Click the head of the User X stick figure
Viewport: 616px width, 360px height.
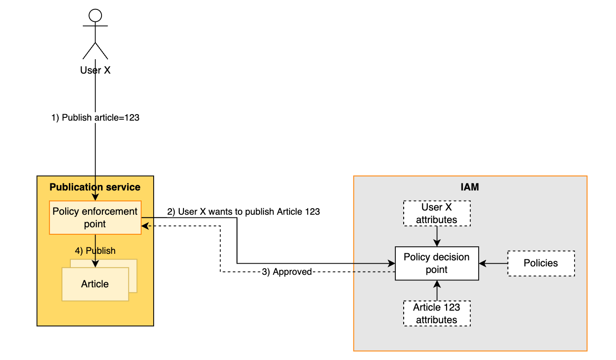(95, 15)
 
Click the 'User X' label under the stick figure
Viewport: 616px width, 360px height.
(95, 70)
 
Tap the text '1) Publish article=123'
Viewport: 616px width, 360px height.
(95, 118)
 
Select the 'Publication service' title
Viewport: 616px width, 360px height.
(95, 187)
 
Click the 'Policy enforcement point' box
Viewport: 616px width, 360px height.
(95, 217)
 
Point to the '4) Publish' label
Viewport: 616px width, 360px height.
(95, 251)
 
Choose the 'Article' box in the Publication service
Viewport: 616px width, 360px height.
(95, 284)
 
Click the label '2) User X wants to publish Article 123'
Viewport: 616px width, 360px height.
(244, 211)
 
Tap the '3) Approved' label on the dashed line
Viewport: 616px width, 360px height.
(287, 272)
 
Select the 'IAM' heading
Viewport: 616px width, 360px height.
(470, 187)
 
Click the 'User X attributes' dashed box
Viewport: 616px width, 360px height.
(437, 213)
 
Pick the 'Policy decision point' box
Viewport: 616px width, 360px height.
(437, 263)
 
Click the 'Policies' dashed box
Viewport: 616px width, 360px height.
(541, 263)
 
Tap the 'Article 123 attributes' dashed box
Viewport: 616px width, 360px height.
(437, 313)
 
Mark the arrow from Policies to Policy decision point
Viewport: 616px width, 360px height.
(493, 263)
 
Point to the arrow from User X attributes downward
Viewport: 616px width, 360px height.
(437, 237)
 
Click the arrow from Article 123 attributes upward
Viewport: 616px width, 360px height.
(437, 290)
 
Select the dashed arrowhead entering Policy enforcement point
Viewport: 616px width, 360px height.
(145, 226)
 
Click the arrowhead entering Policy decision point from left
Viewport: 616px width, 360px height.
(392, 264)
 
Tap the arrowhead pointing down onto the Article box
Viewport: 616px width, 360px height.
(95, 264)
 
